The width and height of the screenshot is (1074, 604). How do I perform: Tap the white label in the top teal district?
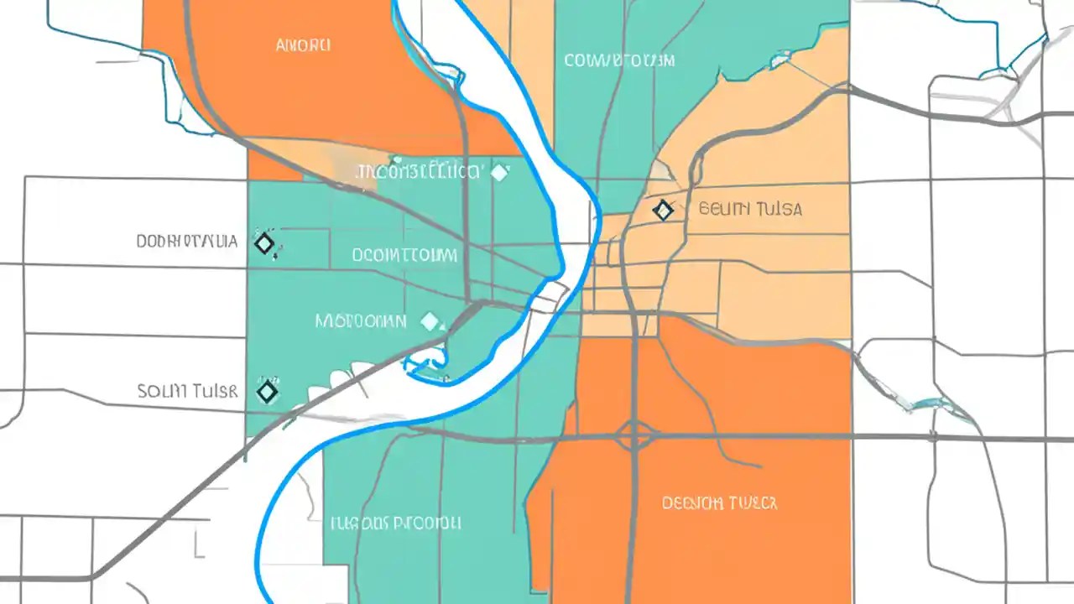pyautogui.click(x=619, y=60)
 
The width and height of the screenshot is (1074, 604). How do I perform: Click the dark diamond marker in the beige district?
pyautogui.click(x=663, y=210)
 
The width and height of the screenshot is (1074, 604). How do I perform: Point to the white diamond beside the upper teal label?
pyautogui.click(x=499, y=173)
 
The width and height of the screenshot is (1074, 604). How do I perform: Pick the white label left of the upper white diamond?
pyautogui.click(x=419, y=172)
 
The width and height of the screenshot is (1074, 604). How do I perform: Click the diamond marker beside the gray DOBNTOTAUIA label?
pyautogui.click(x=264, y=243)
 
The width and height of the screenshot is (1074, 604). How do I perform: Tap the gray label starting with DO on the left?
pyautogui.click(x=186, y=242)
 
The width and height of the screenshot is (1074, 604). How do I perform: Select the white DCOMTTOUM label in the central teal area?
pyautogui.click(x=404, y=254)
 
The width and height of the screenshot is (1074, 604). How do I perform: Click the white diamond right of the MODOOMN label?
pyautogui.click(x=430, y=320)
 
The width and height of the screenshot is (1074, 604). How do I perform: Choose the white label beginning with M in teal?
pyautogui.click(x=361, y=320)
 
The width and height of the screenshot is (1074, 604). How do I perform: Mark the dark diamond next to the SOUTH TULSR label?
pyautogui.click(x=267, y=391)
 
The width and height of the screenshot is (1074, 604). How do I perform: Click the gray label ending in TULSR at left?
pyautogui.click(x=186, y=391)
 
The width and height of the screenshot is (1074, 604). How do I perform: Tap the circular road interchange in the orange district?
pyautogui.click(x=635, y=436)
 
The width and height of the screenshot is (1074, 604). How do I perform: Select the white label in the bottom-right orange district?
pyautogui.click(x=719, y=503)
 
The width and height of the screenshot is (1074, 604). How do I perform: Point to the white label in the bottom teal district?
pyautogui.click(x=394, y=523)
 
